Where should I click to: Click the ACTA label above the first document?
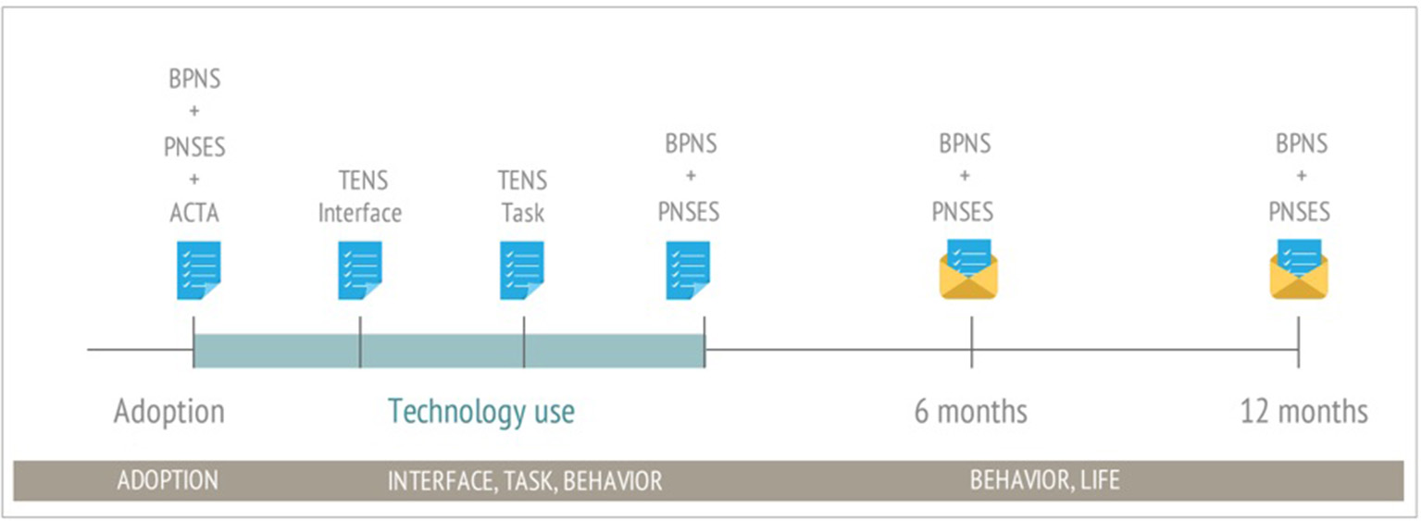click(x=194, y=213)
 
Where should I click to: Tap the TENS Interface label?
click(x=360, y=196)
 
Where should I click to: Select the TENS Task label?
click(x=523, y=196)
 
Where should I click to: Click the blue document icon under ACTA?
click(x=198, y=270)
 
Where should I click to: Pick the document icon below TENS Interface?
click(x=360, y=270)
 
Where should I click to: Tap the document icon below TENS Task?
click(x=522, y=270)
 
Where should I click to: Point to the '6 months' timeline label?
click(x=970, y=411)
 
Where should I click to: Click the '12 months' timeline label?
click(x=1303, y=411)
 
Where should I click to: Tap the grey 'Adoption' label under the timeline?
click(x=168, y=411)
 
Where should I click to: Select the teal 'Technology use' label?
click(x=480, y=411)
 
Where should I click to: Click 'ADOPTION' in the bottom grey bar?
click(x=168, y=481)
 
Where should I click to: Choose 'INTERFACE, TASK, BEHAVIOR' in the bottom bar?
click(x=524, y=481)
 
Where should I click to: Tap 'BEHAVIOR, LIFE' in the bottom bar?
click(x=1044, y=481)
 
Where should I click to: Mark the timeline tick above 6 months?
click(x=971, y=342)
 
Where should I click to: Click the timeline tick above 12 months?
click(x=1298, y=342)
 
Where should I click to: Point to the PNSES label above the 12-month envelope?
click(x=1299, y=212)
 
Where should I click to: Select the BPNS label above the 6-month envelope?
click(x=965, y=144)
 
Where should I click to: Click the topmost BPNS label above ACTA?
click(x=194, y=80)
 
